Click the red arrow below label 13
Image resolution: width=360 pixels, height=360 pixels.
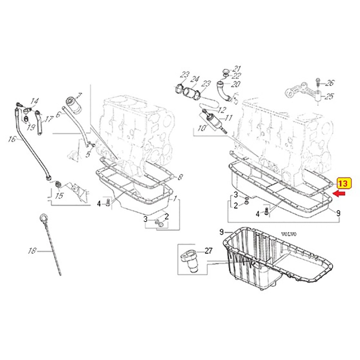(339, 194)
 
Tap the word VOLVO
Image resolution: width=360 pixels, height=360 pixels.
(288, 234)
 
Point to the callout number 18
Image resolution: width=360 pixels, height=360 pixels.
(33, 251)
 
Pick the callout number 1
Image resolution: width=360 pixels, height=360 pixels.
(175, 198)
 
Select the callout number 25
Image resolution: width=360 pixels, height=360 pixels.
(329, 96)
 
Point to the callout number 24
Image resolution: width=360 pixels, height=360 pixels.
(195, 79)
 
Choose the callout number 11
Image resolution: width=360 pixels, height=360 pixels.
(229, 118)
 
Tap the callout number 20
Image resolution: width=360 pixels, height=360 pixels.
(235, 84)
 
